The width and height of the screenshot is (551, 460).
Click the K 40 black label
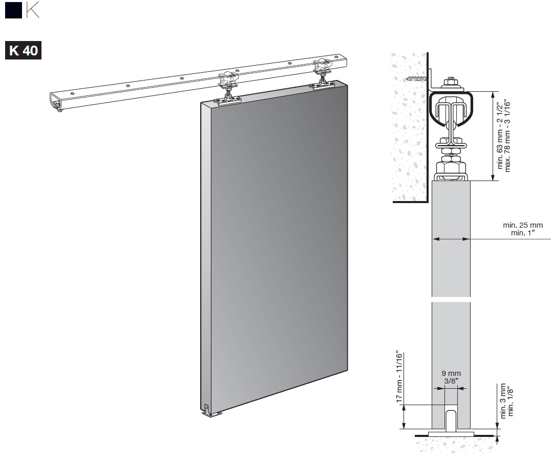tap(23, 50)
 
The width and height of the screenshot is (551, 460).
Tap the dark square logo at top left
tap(13, 10)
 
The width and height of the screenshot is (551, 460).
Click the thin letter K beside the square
tap(33, 10)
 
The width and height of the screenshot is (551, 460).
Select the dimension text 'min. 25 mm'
tap(522, 225)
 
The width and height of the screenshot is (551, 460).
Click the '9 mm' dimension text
tap(451, 373)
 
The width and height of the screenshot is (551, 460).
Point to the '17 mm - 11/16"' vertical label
tap(399, 376)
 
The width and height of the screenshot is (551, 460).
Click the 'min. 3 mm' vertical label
tap(503, 401)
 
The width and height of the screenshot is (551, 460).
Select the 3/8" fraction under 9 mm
tap(451, 381)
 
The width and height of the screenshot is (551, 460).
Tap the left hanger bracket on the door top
tap(229, 93)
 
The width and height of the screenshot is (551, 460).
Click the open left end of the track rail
tap(56, 102)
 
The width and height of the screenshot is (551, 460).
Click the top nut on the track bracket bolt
tap(451, 82)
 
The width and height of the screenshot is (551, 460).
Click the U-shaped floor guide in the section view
tap(451, 420)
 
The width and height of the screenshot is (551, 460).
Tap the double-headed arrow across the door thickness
tap(451, 239)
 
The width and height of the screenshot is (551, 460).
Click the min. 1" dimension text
tap(522, 233)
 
